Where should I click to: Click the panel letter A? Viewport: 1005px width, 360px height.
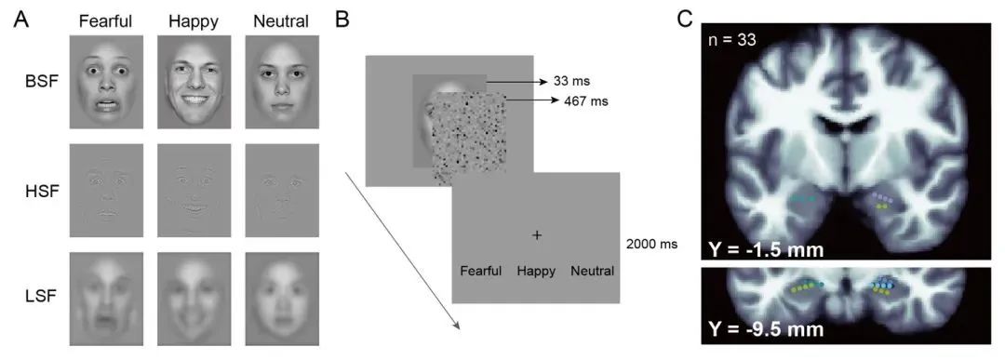(x=21, y=20)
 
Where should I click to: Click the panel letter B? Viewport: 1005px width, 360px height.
(x=342, y=20)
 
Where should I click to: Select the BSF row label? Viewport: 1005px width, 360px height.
(x=33, y=81)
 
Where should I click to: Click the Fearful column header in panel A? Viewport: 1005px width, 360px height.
(x=105, y=21)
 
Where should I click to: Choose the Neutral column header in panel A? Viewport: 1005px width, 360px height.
(x=281, y=21)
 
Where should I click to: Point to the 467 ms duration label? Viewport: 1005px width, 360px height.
(x=583, y=100)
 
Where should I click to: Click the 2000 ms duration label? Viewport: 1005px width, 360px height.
(x=652, y=244)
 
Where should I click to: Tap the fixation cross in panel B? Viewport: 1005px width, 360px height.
(x=537, y=235)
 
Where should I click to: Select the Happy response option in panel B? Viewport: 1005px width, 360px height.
(x=536, y=271)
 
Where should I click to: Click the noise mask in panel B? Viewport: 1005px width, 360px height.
(x=468, y=137)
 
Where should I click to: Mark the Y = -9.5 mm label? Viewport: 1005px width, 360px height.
(x=764, y=329)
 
